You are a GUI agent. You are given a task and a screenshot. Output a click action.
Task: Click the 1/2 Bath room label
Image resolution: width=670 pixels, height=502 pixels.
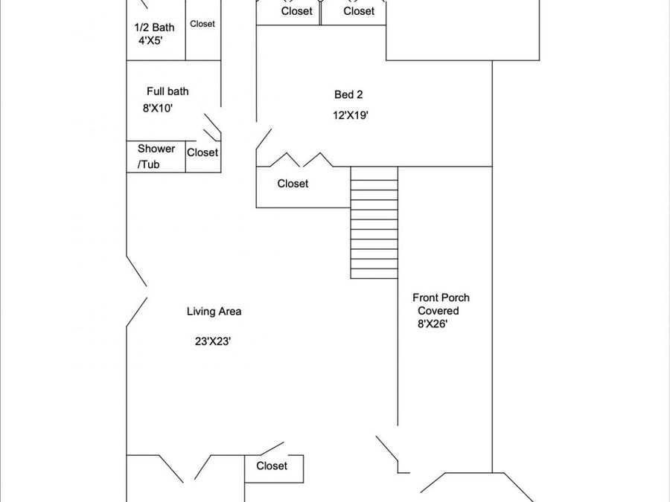154,28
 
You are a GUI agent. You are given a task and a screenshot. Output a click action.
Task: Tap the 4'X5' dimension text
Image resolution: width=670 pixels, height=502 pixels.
150,41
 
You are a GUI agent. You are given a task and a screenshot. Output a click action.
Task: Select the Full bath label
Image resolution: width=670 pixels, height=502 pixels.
167,91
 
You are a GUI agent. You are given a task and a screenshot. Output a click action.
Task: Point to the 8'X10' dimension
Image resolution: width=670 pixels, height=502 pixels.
158,109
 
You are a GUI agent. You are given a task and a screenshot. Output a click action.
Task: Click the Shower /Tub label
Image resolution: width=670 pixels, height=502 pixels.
156,157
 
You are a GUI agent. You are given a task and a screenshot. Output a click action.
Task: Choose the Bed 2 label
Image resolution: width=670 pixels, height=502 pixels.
348,94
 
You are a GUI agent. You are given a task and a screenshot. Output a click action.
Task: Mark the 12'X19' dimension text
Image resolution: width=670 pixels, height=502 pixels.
351,115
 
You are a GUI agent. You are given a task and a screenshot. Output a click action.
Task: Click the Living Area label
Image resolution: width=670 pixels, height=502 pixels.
214,312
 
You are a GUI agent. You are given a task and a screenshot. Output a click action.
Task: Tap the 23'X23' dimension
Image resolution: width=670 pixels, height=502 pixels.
213,341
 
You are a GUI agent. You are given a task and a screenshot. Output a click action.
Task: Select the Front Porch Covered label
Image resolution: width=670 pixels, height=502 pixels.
441,304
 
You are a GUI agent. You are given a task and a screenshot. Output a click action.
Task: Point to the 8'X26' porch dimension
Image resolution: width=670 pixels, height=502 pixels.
433,324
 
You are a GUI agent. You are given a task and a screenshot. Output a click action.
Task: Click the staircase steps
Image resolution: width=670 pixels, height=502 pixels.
374,222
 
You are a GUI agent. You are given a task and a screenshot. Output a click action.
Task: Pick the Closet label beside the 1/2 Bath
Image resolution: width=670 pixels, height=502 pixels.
202,24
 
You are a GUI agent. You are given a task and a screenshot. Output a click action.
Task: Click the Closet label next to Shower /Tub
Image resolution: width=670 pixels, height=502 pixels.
202,152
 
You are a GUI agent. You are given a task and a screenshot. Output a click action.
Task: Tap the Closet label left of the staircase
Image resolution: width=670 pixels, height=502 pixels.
293,184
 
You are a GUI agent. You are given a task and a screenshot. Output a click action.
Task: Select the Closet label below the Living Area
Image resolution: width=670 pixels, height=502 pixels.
272,466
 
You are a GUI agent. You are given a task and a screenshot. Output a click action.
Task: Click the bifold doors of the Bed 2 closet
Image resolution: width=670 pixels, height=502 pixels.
301,160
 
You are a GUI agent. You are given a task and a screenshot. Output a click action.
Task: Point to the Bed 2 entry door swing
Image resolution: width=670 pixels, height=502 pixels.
264,139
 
